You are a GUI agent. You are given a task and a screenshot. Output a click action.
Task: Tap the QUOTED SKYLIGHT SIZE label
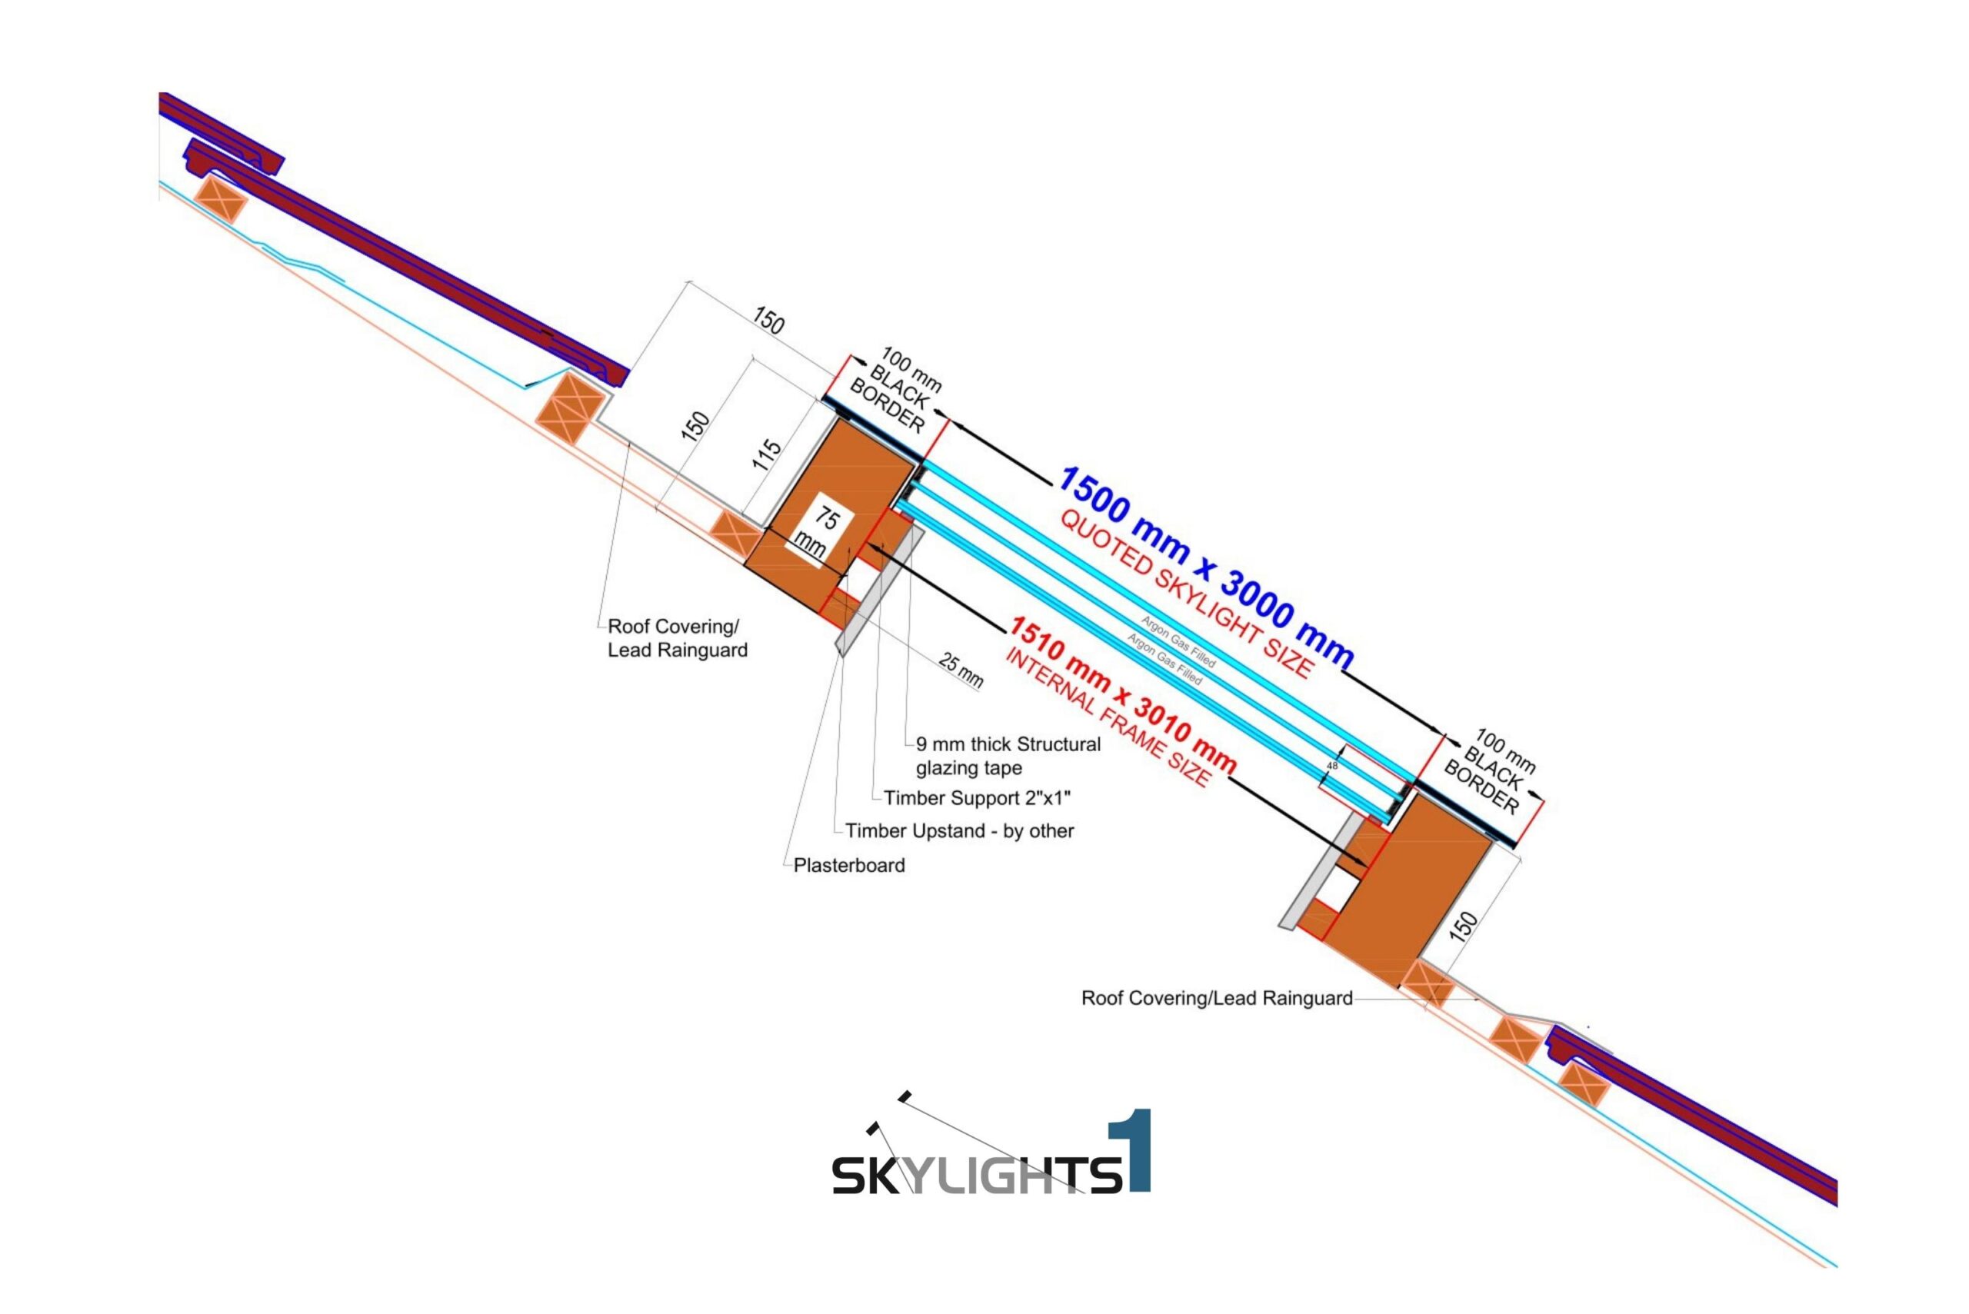coord(1185,594)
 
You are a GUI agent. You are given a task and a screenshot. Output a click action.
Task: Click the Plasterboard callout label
coord(849,866)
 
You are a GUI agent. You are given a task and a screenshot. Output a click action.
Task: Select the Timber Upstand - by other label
coord(959,831)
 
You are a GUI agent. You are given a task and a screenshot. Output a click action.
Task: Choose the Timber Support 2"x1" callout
coord(977,798)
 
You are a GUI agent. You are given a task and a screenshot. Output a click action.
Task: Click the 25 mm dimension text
coord(961,670)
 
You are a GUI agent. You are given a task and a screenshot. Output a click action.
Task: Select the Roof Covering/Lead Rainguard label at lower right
coord(1216,998)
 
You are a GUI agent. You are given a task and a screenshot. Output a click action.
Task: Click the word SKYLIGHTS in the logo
coord(977,1175)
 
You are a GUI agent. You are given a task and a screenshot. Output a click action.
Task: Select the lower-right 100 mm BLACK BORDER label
coord(1491,771)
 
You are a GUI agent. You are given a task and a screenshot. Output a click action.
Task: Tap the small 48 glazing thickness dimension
coord(1332,765)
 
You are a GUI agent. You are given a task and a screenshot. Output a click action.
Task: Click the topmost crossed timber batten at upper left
coord(221,200)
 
